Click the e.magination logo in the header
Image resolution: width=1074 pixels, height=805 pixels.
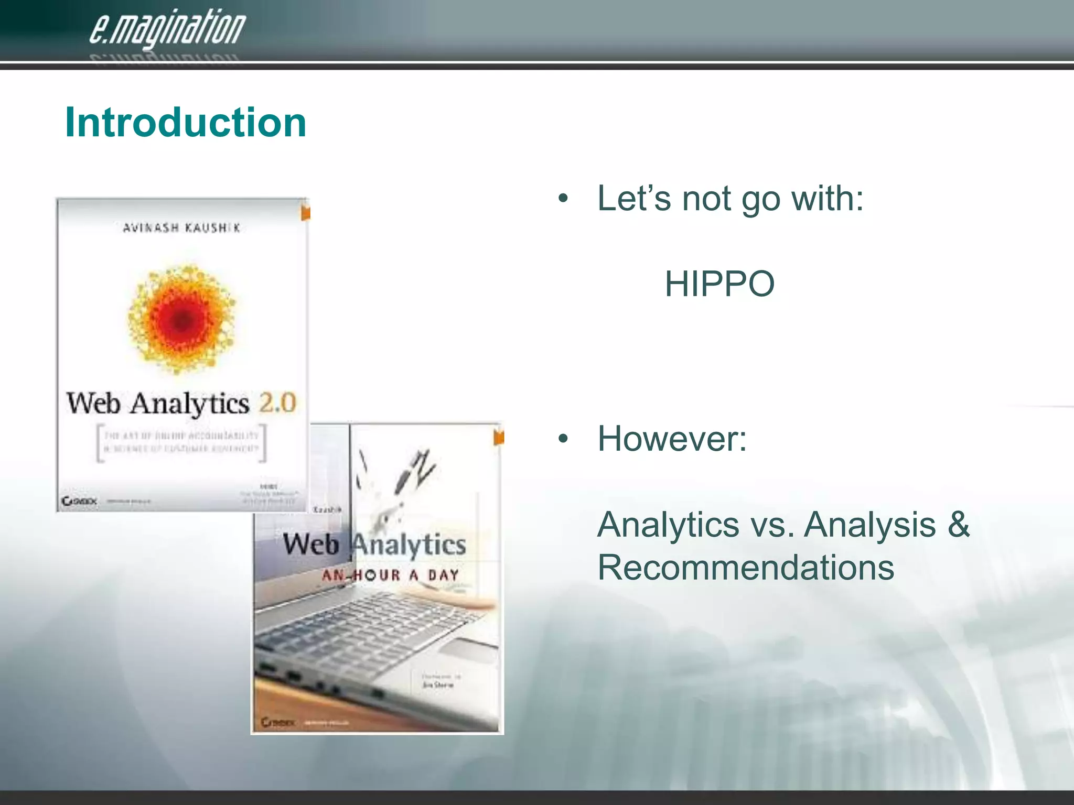167,29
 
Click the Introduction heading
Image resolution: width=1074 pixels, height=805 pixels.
186,122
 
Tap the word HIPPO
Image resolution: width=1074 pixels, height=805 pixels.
719,284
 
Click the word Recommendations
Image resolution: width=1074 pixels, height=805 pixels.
745,568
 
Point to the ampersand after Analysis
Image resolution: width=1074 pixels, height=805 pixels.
959,524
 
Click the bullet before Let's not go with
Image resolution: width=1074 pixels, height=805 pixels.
563,200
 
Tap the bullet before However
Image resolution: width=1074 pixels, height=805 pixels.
563,439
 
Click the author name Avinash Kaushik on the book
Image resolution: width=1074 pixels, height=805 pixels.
181,227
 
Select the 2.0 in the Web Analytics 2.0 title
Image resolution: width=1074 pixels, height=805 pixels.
278,402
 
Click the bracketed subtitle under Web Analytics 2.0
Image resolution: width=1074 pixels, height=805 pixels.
181,442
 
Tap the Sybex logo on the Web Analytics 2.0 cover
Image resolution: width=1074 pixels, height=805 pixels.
79,502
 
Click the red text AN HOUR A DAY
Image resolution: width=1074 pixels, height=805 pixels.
390,575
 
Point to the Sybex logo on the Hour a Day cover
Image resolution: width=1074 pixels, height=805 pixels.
278,723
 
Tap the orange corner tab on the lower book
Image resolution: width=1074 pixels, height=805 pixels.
498,437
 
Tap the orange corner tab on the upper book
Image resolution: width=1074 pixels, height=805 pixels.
305,212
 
